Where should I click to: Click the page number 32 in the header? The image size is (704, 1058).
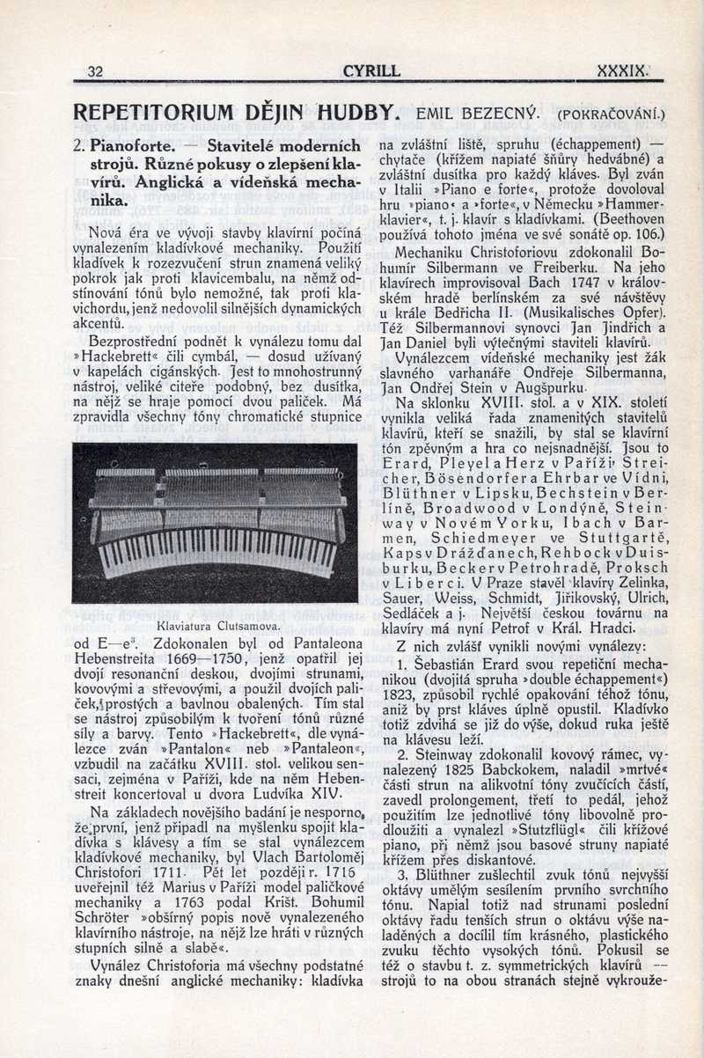[x=96, y=71]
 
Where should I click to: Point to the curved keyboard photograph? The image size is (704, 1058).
[x=216, y=523]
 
